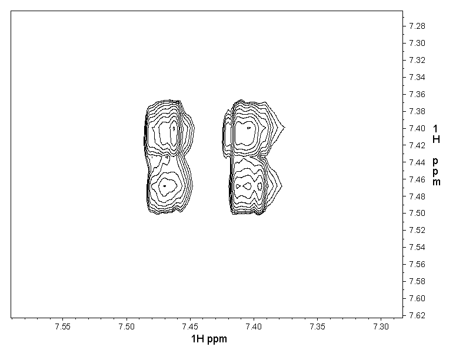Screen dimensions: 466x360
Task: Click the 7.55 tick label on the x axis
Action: click(x=63, y=326)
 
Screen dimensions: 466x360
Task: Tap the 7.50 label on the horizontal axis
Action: click(x=127, y=326)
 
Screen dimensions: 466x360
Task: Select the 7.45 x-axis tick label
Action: click(x=190, y=326)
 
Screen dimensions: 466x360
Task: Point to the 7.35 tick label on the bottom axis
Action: click(x=317, y=326)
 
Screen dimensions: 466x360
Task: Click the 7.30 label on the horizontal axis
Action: click(x=381, y=326)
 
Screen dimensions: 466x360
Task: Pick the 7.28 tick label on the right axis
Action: click(x=417, y=26)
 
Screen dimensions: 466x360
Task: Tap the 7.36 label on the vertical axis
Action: click(x=417, y=94)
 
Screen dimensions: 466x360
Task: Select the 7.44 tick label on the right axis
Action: click(x=417, y=162)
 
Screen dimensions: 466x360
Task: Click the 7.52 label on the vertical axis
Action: click(x=417, y=230)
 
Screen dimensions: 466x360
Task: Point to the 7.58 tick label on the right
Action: click(x=417, y=281)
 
